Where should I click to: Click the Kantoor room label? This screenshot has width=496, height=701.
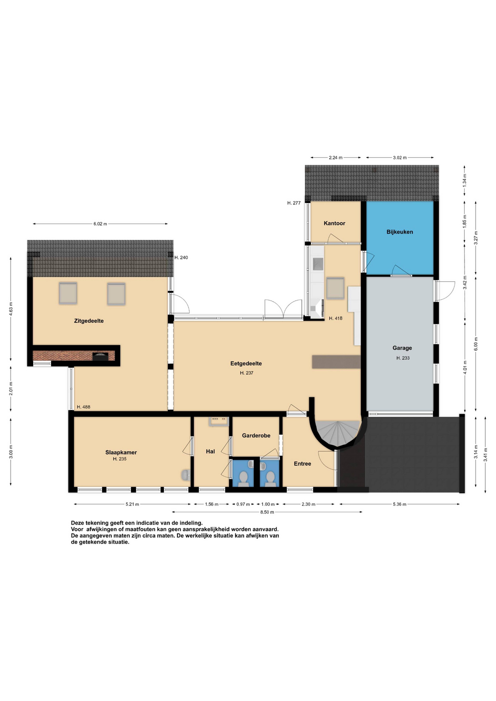click(334, 223)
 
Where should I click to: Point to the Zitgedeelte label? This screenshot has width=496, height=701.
click(89, 321)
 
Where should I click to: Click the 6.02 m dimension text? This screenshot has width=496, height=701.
click(100, 224)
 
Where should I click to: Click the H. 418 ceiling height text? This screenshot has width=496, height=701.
click(336, 318)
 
